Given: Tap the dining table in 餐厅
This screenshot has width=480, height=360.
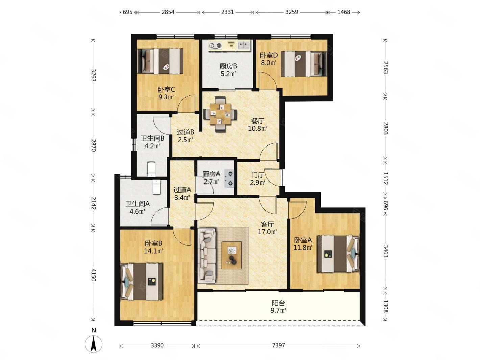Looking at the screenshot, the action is (x=220, y=114).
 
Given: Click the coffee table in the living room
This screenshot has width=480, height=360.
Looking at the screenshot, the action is (x=231, y=255).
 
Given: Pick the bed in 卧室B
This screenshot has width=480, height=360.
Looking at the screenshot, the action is (x=142, y=282).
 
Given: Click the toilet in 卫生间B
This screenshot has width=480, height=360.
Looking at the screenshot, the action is (x=151, y=169).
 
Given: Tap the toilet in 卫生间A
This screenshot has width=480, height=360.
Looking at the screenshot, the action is (x=157, y=187).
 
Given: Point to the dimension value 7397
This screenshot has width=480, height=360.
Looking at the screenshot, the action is (x=279, y=345).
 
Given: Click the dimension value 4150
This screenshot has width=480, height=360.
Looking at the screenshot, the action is (x=93, y=275).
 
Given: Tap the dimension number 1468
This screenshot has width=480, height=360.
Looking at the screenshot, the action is (x=343, y=12).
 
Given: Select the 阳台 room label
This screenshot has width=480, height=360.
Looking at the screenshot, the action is (x=279, y=303).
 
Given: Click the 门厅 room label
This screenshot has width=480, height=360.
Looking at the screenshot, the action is (x=258, y=175).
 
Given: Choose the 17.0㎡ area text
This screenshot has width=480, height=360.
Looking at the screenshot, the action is (x=267, y=232).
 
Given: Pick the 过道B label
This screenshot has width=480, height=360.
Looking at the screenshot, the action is (x=186, y=132).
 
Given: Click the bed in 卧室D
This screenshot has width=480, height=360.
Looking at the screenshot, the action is (x=304, y=64).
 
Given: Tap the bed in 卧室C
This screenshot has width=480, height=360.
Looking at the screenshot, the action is (x=160, y=61).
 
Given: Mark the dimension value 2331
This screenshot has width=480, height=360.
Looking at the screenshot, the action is (x=227, y=12).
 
